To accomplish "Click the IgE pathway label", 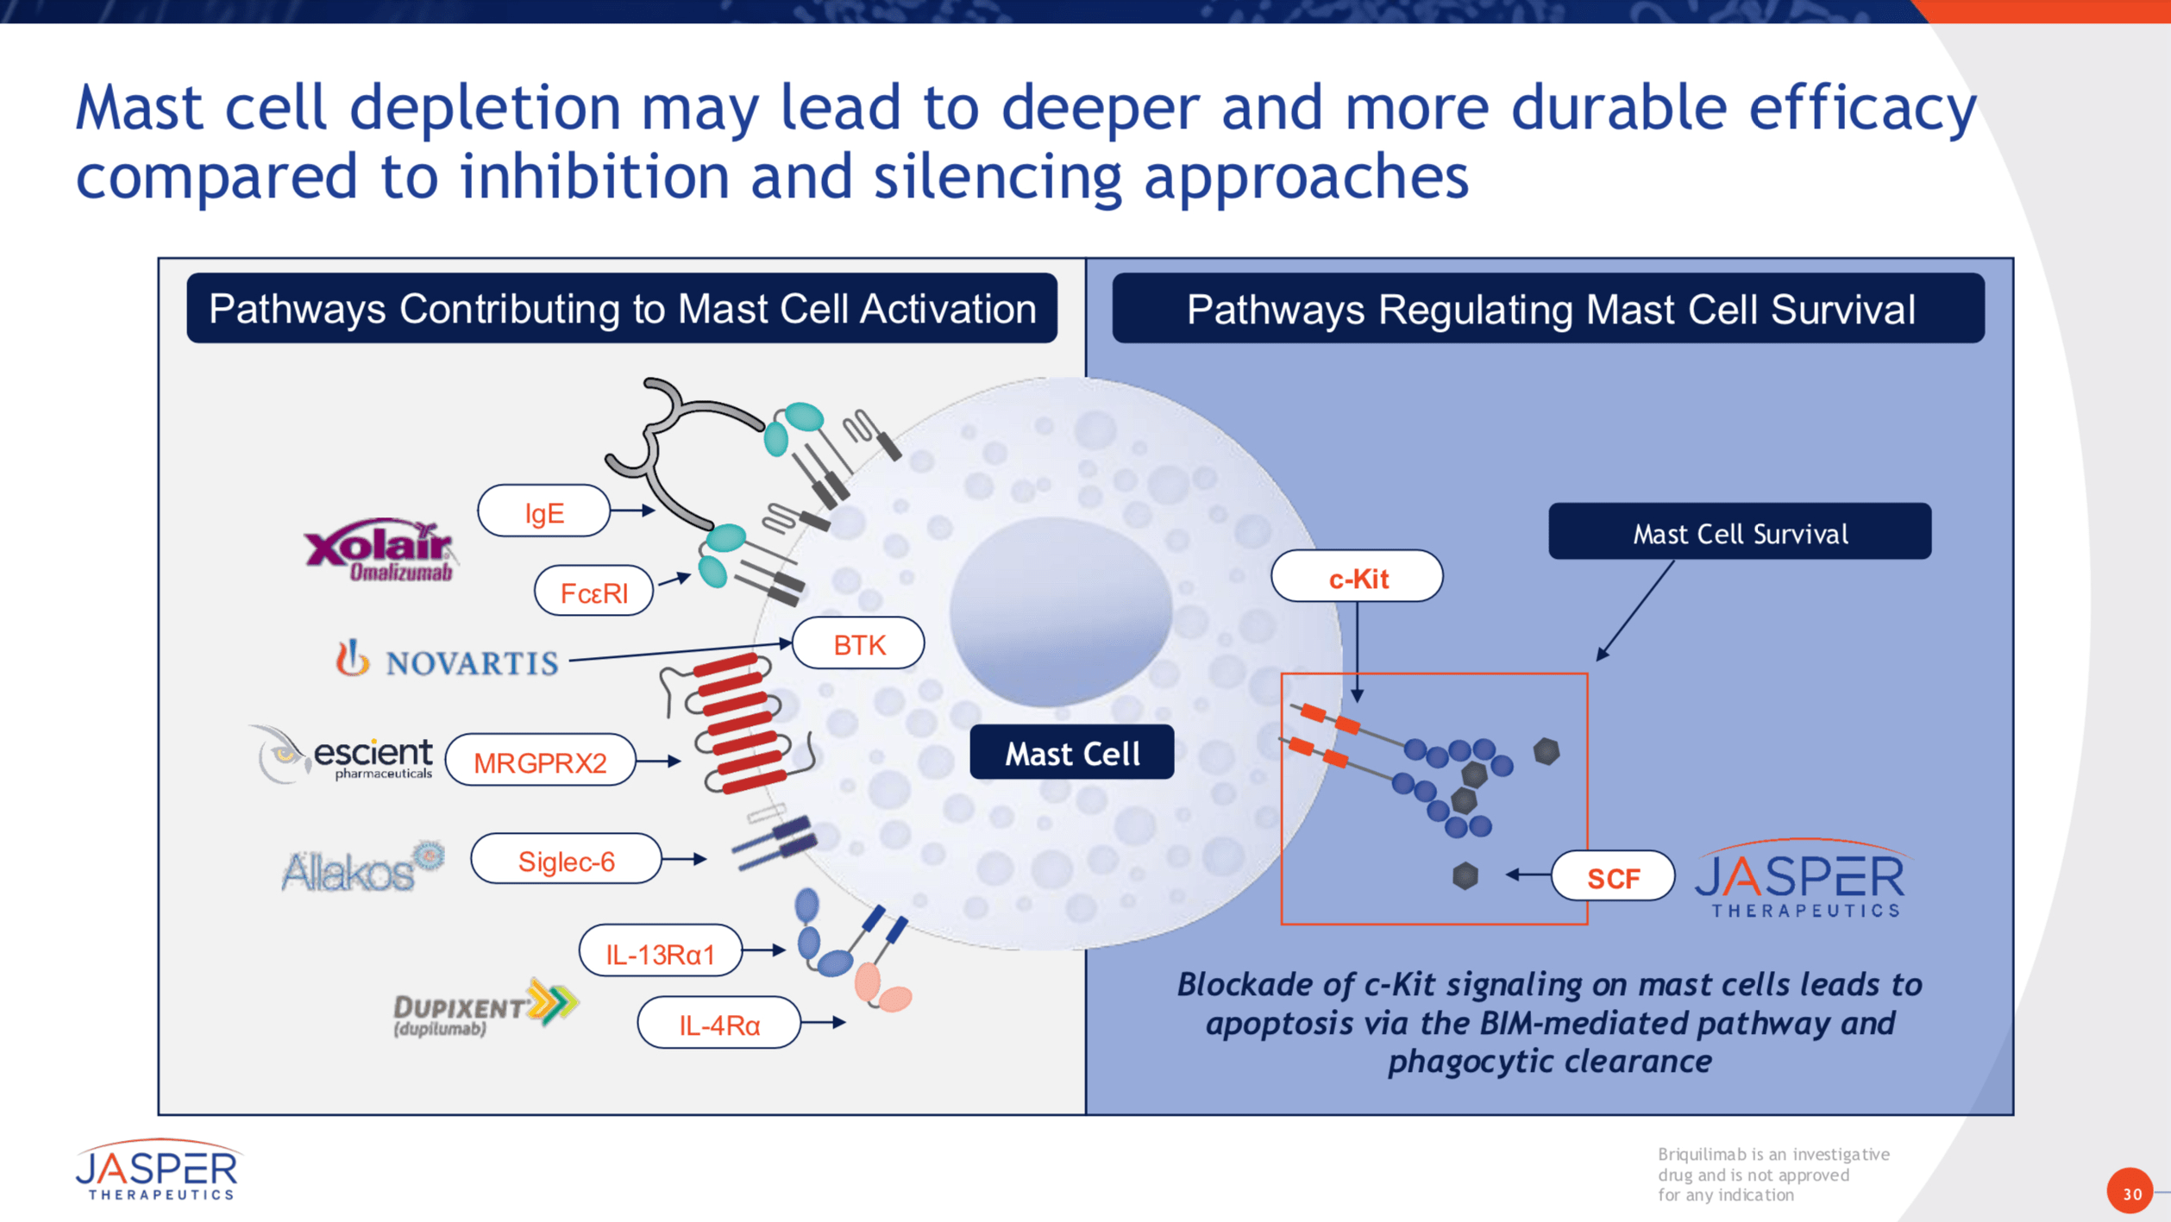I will coord(543,511).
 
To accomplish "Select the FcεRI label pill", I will coord(593,592).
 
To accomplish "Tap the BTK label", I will coord(858,643).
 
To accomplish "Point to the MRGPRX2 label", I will coord(540,761).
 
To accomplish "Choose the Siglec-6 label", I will coord(566,860).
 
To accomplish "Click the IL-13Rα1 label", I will coord(660,952).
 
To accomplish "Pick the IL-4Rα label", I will coord(718,1024).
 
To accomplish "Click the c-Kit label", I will coord(1357,577).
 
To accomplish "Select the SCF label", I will coord(1612,876).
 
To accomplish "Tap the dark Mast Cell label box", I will coord(1071,753).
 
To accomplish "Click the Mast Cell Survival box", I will coord(1739,532).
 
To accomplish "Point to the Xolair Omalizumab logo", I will coord(380,550).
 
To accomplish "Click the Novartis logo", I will coord(447,660).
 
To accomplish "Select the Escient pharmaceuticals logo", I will coord(343,754).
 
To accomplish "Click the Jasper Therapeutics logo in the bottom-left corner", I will coord(157,1169).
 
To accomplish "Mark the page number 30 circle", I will coord(2130,1193).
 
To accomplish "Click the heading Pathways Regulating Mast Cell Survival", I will coord(1549,309).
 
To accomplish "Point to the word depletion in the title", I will coord(485,108).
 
